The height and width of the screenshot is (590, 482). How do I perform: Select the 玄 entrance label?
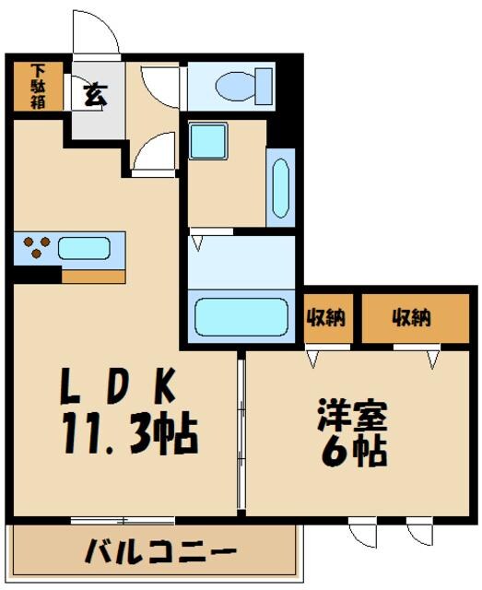94,94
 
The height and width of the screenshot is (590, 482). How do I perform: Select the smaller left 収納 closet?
325,319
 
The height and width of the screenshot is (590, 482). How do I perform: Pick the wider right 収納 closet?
411,319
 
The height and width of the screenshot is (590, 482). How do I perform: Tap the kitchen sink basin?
85,247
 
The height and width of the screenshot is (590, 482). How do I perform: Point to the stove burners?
36,247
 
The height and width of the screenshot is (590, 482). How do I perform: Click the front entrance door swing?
95,34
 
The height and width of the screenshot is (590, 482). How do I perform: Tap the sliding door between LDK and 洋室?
241,433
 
